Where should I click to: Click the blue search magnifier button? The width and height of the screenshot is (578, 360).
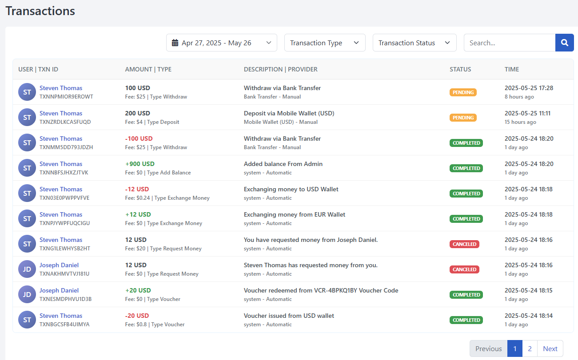pyautogui.click(x=564, y=43)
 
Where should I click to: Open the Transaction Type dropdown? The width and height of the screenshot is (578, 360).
pyautogui.click(x=325, y=43)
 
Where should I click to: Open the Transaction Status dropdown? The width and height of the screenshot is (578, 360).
pyautogui.click(x=415, y=43)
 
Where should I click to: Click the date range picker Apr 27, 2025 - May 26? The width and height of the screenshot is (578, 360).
pyautogui.click(x=221, y=43)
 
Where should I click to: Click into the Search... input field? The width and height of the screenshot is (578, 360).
pyautogui.click(x=509, y=43)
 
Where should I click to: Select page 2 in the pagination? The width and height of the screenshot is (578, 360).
pyautogui.click(x=530, y=348)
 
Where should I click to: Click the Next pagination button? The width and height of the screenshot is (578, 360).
pyautogui.click(x=550, y=348)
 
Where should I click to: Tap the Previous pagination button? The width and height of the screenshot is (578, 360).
pyautogui.click(x=488, y=348)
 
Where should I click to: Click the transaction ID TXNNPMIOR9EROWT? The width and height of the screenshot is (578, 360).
pyautogui.click(x=66, y=96)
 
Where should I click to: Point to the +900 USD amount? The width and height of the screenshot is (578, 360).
pyautogui.click(x=140, y=164)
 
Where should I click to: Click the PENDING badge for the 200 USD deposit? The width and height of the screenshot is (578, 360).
pyautogui.click(x=463, y=118)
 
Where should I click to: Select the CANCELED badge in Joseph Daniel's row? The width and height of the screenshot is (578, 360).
pyautogui.click(x=464, y=269)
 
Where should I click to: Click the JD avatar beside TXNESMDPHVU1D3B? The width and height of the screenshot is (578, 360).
pyautogui.click(x=27, y=294)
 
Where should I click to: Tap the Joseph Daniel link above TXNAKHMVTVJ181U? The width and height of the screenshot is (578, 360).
pyautogui.click(x=59, y=265)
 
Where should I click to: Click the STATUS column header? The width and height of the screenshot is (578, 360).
pyautogui.click(x=460, y=69)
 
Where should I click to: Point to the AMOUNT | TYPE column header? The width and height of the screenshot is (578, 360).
pyautogui.click(x=148, y=69)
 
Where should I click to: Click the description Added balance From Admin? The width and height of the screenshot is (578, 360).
pyautogui.click(x=283, y=164)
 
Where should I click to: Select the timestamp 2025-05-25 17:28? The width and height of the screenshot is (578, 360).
pyautogui.click(x=529, y=88)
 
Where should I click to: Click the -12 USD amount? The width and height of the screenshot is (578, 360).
pyautogui.click(x=137, y=189)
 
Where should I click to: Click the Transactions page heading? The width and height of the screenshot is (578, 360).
pyautogui.click(x=40, y=11)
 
